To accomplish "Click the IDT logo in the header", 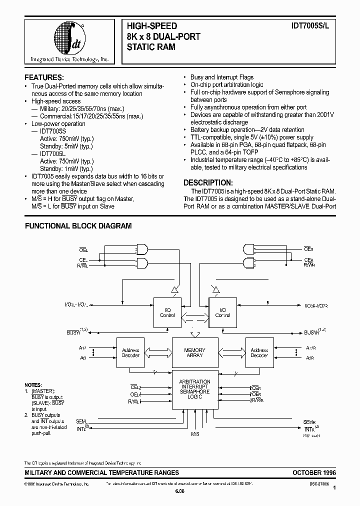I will click(x=69, y=40).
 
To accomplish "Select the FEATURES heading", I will click(x=44, y=77).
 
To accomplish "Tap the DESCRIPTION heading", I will click(x=208, y=182).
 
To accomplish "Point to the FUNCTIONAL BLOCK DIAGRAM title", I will click(x=78, y=226).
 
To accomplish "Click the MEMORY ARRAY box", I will click(x=194, y=352).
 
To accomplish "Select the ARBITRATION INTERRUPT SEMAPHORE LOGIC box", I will click(x=194, y=389).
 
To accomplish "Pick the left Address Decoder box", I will click(x=130, y=353).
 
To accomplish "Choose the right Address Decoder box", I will click(x=259, y=353).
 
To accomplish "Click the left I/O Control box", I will click(x=167, y=312).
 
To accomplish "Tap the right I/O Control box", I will click(x=222, y=312).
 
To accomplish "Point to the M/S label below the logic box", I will click(x=194, y=434).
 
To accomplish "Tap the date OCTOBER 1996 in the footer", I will click(x=314, y=472).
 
